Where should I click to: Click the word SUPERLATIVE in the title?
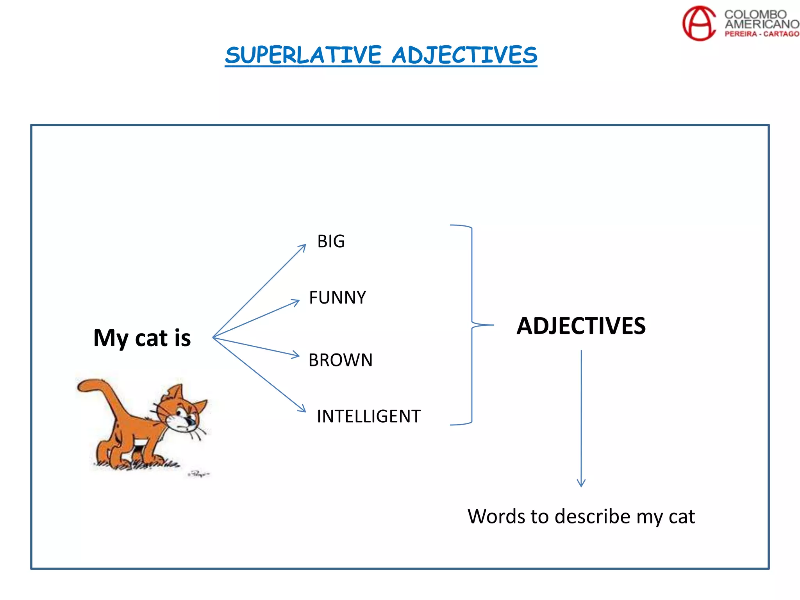coord(303,55)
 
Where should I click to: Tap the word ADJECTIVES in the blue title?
coord(464,55)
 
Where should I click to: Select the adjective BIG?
coord(331,241)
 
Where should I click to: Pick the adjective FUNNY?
coord(337,298)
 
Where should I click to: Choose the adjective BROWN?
coord(340,360)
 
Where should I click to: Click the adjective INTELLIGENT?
coord(369,416)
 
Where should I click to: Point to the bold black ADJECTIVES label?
coord(581,326)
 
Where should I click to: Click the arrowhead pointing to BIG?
coord(303,247)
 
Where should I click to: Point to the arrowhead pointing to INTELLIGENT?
coord(303,409)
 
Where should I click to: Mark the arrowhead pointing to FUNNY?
coord(296,302)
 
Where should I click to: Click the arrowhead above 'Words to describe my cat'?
coord(581,483)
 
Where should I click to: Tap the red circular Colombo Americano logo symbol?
coord(699,23)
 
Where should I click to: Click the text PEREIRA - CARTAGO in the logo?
coord(762,34)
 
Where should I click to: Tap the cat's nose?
coord(191,421)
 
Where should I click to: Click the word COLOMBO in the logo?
coord(755,14)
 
